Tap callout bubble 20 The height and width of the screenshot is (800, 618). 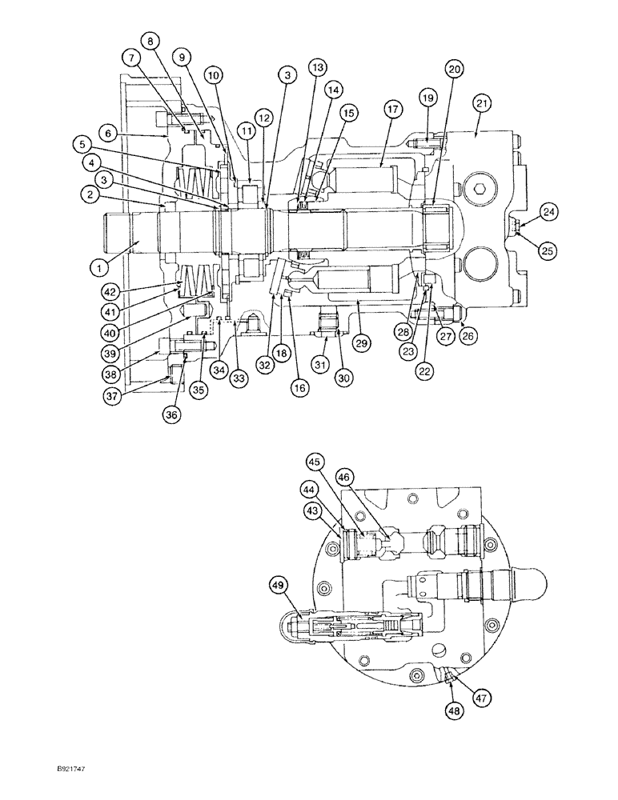click(455, 70)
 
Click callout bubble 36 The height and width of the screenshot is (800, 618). click(173, 414)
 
